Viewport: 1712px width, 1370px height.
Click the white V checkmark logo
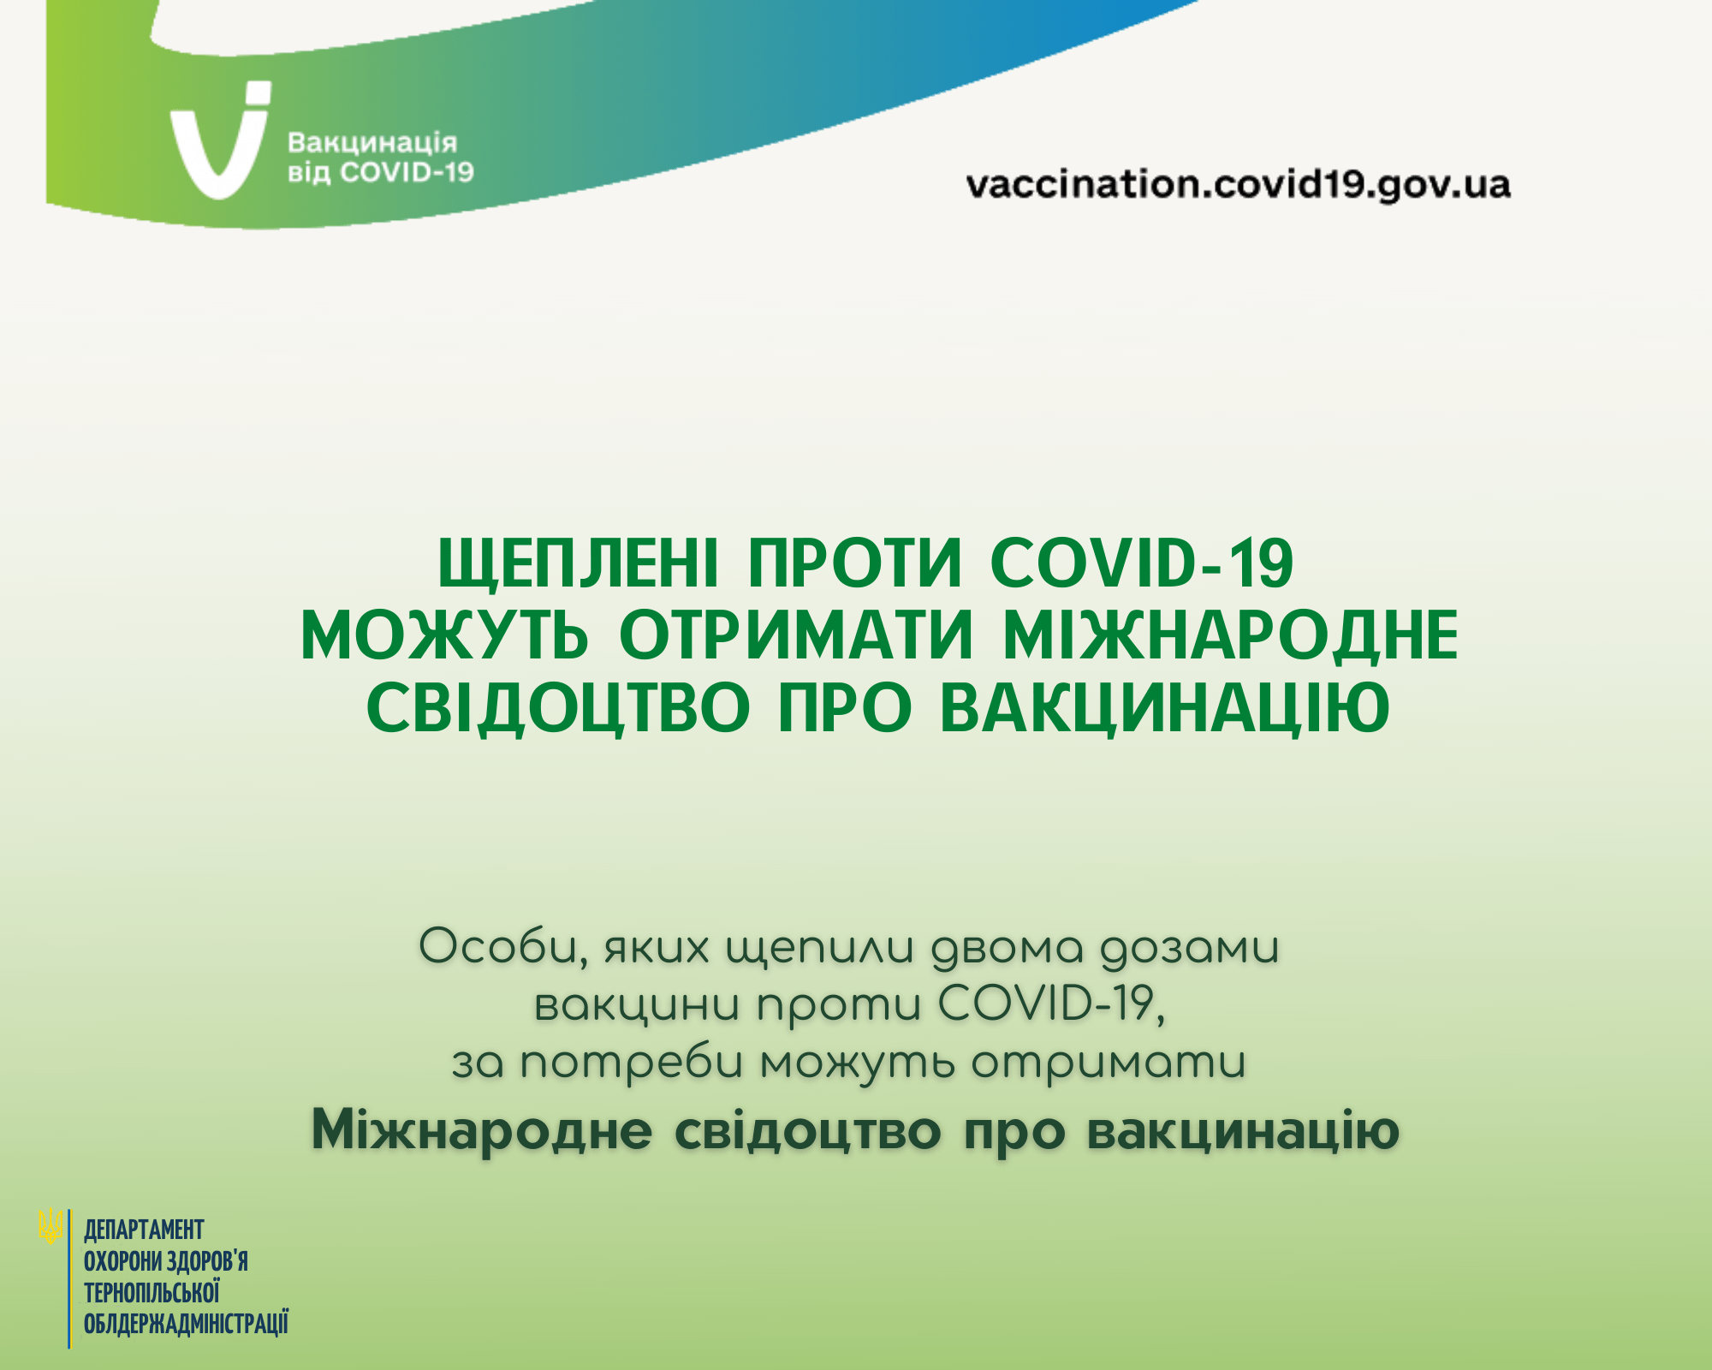(x=218, y=146)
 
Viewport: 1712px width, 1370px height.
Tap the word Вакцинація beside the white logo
(x=372, y=142)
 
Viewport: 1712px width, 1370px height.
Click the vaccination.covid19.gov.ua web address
(x=1238, y=185)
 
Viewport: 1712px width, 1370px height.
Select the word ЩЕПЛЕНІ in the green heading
(x=579, y=564)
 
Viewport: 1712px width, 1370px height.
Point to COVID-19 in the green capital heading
(x=1141, y=564)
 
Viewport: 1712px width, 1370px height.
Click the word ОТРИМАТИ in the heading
(x=797, y=636)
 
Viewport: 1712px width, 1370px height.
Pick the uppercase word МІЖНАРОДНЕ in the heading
(x=1230, y=636)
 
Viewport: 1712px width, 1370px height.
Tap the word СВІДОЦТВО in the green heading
(x=558, y=708)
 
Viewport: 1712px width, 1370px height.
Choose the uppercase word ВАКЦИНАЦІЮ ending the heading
(x=1165, y=708)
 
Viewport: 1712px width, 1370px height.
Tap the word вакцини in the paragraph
(x=637, y=1006)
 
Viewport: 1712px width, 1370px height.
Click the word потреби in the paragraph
(x=632, y=1064)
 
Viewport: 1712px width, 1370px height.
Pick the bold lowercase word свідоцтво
(x=807, y=1131)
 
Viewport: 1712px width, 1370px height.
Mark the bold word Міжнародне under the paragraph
(x=482, y=1131)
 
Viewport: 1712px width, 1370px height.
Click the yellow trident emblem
(x=51, y=1226)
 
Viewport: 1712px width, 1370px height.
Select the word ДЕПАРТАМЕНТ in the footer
(x=144, y=1230)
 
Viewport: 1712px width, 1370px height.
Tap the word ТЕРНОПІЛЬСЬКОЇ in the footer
(x=152, y=1292)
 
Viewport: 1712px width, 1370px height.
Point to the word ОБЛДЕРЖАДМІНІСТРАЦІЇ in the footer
(x=186, y=1324)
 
